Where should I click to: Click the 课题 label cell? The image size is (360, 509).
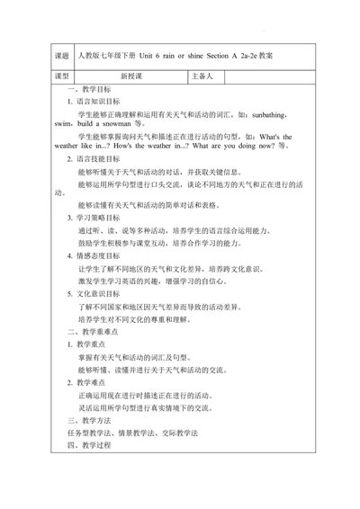point(62,56)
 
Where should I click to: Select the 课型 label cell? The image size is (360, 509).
point(62,76)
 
